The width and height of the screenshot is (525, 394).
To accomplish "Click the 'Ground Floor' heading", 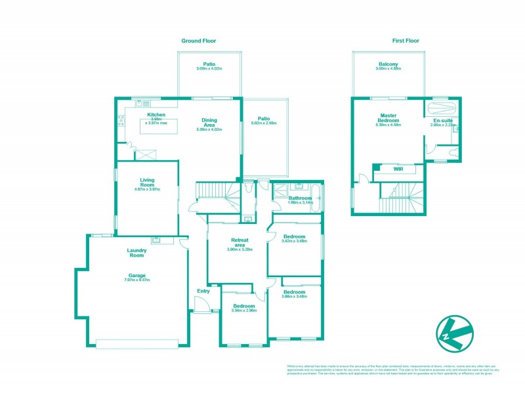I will pyautogui.click(x=198, y=41).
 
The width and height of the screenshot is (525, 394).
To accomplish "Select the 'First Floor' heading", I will pyautogui.click(x=406, y=41).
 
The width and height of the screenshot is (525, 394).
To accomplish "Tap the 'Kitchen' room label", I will pyautogui.click(x=146, y=114).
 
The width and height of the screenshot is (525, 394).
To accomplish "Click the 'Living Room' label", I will pyautogui.click(x=146, y=182).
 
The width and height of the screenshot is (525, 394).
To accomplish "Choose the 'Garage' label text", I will pyautogui.click(x=136, y=275).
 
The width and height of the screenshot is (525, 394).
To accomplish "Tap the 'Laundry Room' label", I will pyautogui.click(x=136, y=252).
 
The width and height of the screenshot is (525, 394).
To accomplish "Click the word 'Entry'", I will pyautogui.click(x=203, y=291).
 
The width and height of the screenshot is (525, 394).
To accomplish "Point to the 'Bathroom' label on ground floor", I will pyautogui.click(x=299, y=198).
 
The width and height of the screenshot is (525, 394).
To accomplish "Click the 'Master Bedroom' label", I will pyautogui.click(x=388, y=118).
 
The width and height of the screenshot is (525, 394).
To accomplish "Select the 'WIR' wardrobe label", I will pyautogui.click(x=398, y=169).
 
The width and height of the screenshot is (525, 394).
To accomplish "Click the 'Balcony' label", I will pyautogui.click(x=387, y=64).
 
